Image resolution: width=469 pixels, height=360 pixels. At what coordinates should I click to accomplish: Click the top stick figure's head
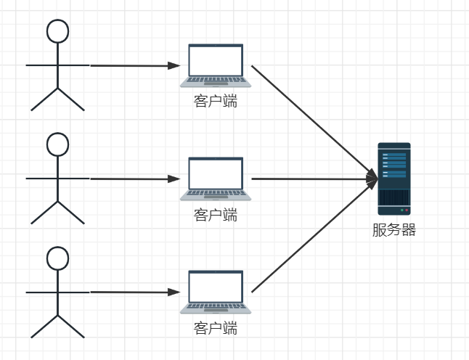click(x=57, y=30)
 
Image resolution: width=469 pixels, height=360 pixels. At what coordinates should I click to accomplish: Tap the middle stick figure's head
click(x=57, y=144)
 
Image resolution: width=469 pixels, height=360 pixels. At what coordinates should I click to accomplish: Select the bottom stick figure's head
click(x=57, y=258)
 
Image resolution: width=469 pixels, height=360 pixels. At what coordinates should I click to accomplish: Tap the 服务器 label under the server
click(x=394, y=231)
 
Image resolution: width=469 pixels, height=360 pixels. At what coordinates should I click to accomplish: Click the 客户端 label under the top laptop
click(x=216, y=101)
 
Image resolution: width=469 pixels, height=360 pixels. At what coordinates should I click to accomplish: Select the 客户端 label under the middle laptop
click(x=216, y=215)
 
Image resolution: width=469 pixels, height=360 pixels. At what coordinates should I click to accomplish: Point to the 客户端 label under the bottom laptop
click(x=216, y=328)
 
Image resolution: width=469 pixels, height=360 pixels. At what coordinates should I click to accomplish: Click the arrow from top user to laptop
click(x=131, y=65)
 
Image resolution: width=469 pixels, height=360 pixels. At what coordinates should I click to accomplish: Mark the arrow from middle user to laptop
click(x=131, y=179)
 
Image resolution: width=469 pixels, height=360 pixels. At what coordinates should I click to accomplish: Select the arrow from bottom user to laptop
click(x=131, y=292)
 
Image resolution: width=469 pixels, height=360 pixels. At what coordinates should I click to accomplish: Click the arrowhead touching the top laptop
click(x=174, y=65)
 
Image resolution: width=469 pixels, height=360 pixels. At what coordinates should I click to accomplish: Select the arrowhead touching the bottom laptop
click(x=174, y=292)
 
